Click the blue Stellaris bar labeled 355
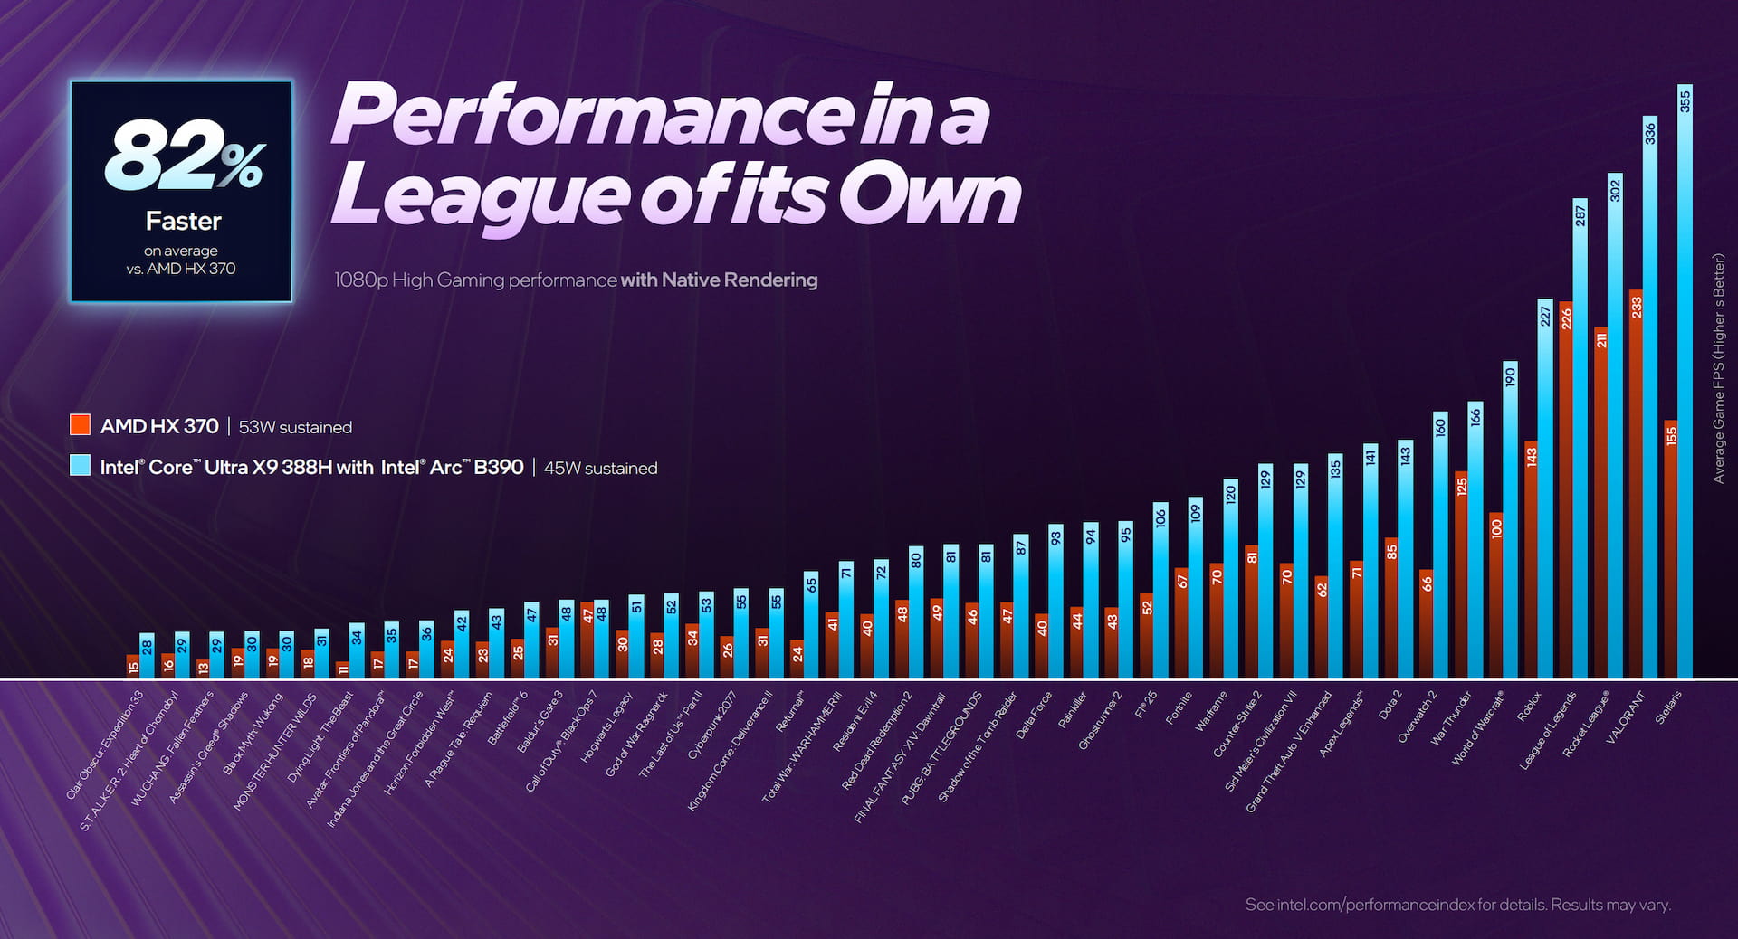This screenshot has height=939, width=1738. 1685,380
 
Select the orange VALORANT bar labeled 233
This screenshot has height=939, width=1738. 1636,484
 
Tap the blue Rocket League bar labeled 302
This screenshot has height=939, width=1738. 1615,425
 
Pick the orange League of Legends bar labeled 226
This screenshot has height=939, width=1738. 1566,488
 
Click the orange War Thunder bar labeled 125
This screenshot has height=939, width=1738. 1461,574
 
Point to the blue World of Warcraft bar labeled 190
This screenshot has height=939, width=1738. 1510,520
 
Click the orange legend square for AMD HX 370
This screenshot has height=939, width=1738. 81,425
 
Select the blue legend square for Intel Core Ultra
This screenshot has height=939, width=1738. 81,466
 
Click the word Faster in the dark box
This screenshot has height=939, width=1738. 183,222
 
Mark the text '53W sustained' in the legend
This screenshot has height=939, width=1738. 295,427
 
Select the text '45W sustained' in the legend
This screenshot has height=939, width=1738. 600,469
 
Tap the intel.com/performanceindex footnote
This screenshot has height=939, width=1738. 1457,905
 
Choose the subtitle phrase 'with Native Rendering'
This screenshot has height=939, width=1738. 719,280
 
